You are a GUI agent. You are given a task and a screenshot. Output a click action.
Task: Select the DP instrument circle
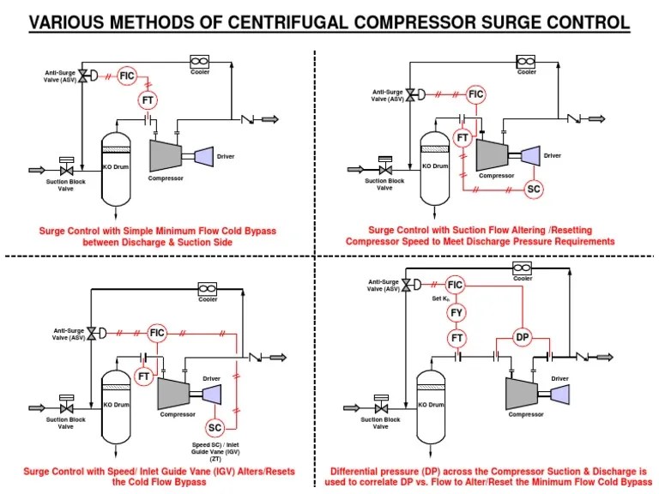(522, 337)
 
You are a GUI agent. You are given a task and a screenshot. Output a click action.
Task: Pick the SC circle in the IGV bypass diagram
(215, 427)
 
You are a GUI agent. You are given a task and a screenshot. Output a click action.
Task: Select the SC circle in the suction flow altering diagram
(535, 189)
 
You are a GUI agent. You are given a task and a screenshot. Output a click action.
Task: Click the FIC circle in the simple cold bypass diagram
(127, 76)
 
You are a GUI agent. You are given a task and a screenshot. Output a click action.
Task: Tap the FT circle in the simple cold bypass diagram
(148, 101)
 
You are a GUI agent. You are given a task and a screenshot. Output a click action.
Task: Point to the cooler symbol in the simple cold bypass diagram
(200, 61)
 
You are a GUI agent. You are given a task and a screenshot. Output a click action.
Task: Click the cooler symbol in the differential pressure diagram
(522, 268)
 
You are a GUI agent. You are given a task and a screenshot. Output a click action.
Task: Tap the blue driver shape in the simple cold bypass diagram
(203, 155)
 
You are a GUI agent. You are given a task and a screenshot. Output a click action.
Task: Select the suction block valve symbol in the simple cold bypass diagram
(64, 170)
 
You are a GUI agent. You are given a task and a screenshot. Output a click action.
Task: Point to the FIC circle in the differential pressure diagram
(456, 285)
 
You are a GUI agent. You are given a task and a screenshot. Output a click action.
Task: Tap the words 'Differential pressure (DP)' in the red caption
(379, 471)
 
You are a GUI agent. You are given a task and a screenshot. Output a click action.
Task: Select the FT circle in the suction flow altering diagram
(463, 137)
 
